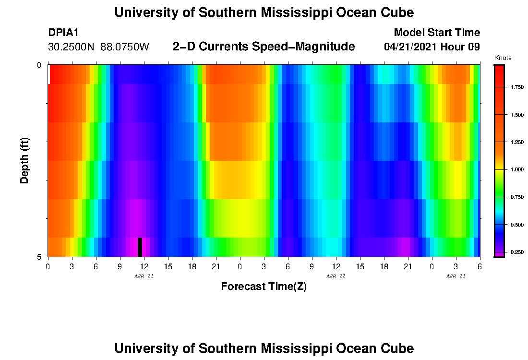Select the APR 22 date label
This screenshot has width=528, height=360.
tap(336, 276)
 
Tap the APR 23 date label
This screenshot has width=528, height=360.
tap(456, 276)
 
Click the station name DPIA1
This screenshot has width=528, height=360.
tap(63, 33)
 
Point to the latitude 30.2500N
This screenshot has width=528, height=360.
tap(72, 47)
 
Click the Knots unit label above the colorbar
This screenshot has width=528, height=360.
tap(503, 58)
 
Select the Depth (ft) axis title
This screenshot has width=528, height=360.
tap(25, 160)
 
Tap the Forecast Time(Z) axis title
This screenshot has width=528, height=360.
tap(264, 287)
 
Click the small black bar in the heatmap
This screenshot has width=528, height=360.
tap(140, 247)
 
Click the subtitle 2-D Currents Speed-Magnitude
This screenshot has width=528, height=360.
tap(264, 47)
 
